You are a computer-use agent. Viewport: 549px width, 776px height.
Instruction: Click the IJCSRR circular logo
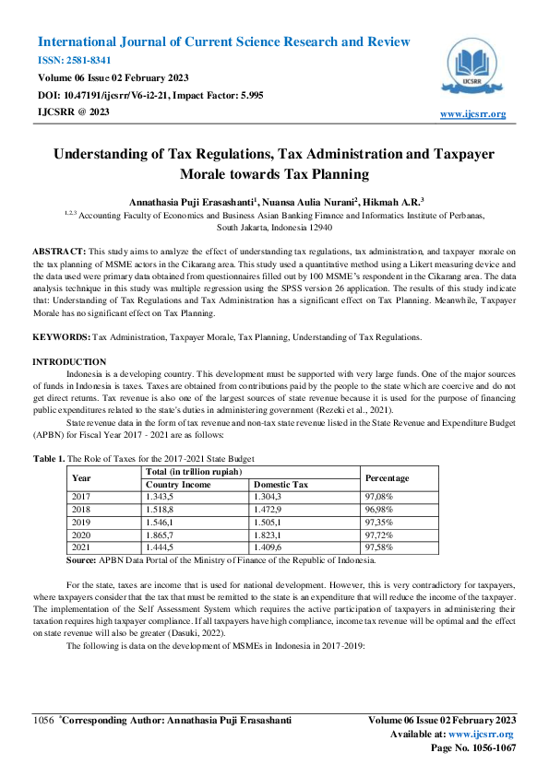(x=474, y=65)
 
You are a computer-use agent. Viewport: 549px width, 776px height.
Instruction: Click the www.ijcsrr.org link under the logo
(x=472, y=114)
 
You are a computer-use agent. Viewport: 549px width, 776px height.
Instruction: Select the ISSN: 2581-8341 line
(x=75, y=60)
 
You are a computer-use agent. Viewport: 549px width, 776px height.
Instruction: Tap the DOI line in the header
(x=150, y=94)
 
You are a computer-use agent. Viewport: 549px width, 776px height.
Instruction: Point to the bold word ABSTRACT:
(x=59, y=251)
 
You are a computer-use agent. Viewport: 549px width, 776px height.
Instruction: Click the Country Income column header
(x=179, y=484)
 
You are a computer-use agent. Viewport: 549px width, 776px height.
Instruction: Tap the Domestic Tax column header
(x=281, y=484)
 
